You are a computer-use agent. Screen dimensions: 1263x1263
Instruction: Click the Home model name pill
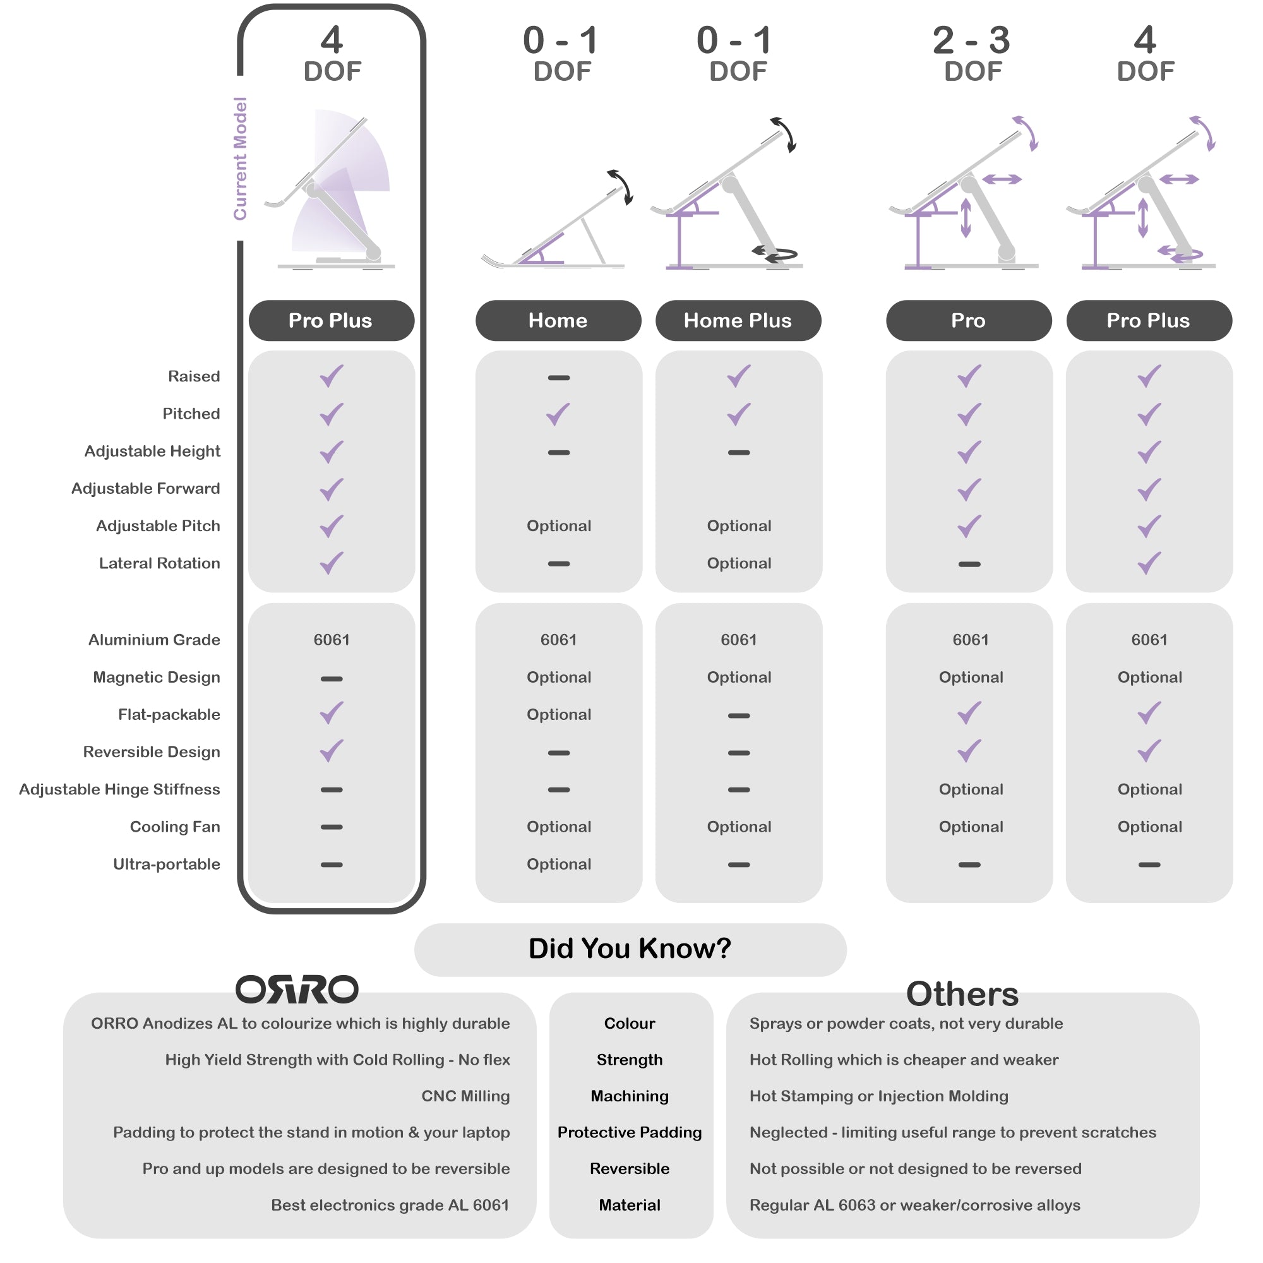point(558,320)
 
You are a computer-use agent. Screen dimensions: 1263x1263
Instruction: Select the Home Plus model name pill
point(738,320)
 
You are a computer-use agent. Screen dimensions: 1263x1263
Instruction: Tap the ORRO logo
point(297,990)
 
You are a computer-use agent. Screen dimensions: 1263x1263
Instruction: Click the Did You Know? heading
point(630,949)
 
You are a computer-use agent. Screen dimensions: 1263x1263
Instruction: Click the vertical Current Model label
point(240,159)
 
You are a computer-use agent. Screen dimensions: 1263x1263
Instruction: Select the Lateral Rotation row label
point(160,563)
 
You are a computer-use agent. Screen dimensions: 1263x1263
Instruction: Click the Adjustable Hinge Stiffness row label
point(119,790)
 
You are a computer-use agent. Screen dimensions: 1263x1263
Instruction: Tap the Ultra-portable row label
point(167,865)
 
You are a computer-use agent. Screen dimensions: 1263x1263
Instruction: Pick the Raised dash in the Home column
point(559,378)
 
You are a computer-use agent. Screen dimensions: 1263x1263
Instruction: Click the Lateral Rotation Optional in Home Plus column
point(739,563)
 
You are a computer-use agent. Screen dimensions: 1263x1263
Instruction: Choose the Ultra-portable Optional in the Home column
point(559,865)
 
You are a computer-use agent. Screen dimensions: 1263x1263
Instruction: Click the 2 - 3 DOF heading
point(972,54)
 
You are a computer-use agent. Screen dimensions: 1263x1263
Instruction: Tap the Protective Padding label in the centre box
point(630,1133)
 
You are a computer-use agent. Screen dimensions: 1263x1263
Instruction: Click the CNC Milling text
point(465,1096)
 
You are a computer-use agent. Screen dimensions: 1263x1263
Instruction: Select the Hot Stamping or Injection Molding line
point(879,1096)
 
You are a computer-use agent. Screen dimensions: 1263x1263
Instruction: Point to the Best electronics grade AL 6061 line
point(390,1206)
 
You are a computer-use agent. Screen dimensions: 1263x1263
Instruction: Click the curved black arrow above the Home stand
point(621,188)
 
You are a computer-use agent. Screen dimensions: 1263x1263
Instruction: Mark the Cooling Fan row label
point(175,827)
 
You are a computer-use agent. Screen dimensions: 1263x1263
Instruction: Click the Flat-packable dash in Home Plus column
point(739,716)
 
